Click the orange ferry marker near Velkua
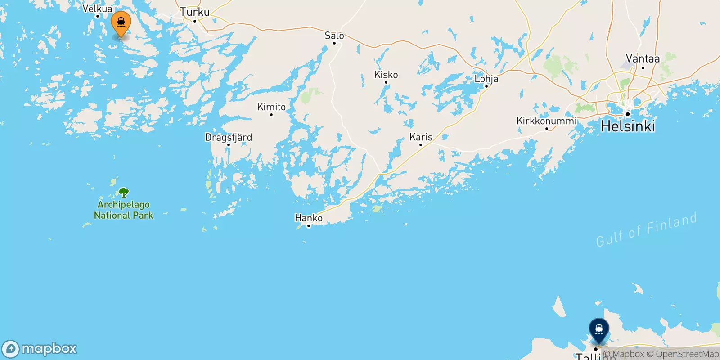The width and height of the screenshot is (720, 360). [121, 22]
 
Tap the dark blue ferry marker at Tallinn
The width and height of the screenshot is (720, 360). [599, 330]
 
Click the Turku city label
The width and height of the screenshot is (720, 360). [195, 12]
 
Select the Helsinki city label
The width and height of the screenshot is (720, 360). [628, 126]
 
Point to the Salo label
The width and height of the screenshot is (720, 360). [334, 36]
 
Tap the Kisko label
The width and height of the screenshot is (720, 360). [386, 75]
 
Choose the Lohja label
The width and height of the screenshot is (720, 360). [486, 79]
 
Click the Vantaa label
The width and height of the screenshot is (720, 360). [643, 58]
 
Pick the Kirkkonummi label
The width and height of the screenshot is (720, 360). [546, 121]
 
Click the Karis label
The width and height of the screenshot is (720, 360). [421, 137]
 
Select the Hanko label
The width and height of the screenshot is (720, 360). [309, 218]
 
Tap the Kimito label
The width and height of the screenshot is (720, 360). [271, 107]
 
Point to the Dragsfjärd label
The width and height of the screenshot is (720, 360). [229, 138]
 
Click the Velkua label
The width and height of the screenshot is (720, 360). [98, 9]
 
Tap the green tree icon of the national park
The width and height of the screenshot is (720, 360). [124, 193]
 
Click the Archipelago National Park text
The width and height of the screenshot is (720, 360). [124, 210]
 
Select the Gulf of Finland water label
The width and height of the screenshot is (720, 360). [646, 229]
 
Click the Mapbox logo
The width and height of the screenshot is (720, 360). [40, 349]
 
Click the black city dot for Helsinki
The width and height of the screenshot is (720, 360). [628, 114]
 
